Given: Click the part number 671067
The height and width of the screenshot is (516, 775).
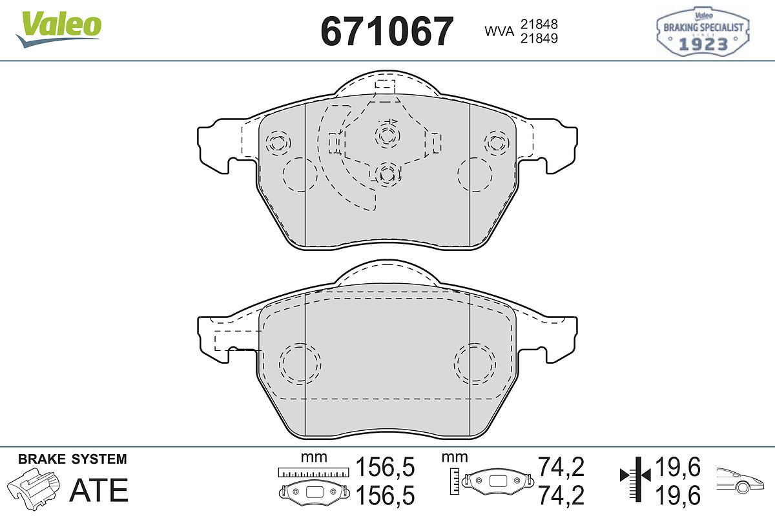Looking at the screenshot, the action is tap(387, 32).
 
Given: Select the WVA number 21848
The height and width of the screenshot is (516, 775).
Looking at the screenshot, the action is tap(539, 25).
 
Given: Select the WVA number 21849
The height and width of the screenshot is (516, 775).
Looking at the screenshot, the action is tap(539, 38).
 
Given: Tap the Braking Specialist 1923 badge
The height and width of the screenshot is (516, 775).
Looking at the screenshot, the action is tap(703, 31).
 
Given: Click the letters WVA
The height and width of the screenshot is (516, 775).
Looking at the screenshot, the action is tap(499, 32).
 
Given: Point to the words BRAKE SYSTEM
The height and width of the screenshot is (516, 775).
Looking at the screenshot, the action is tap(72, 459).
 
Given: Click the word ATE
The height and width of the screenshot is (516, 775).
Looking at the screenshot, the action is tap(99, 490).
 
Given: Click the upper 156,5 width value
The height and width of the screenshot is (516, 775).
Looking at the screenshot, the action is tap(385, 467).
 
